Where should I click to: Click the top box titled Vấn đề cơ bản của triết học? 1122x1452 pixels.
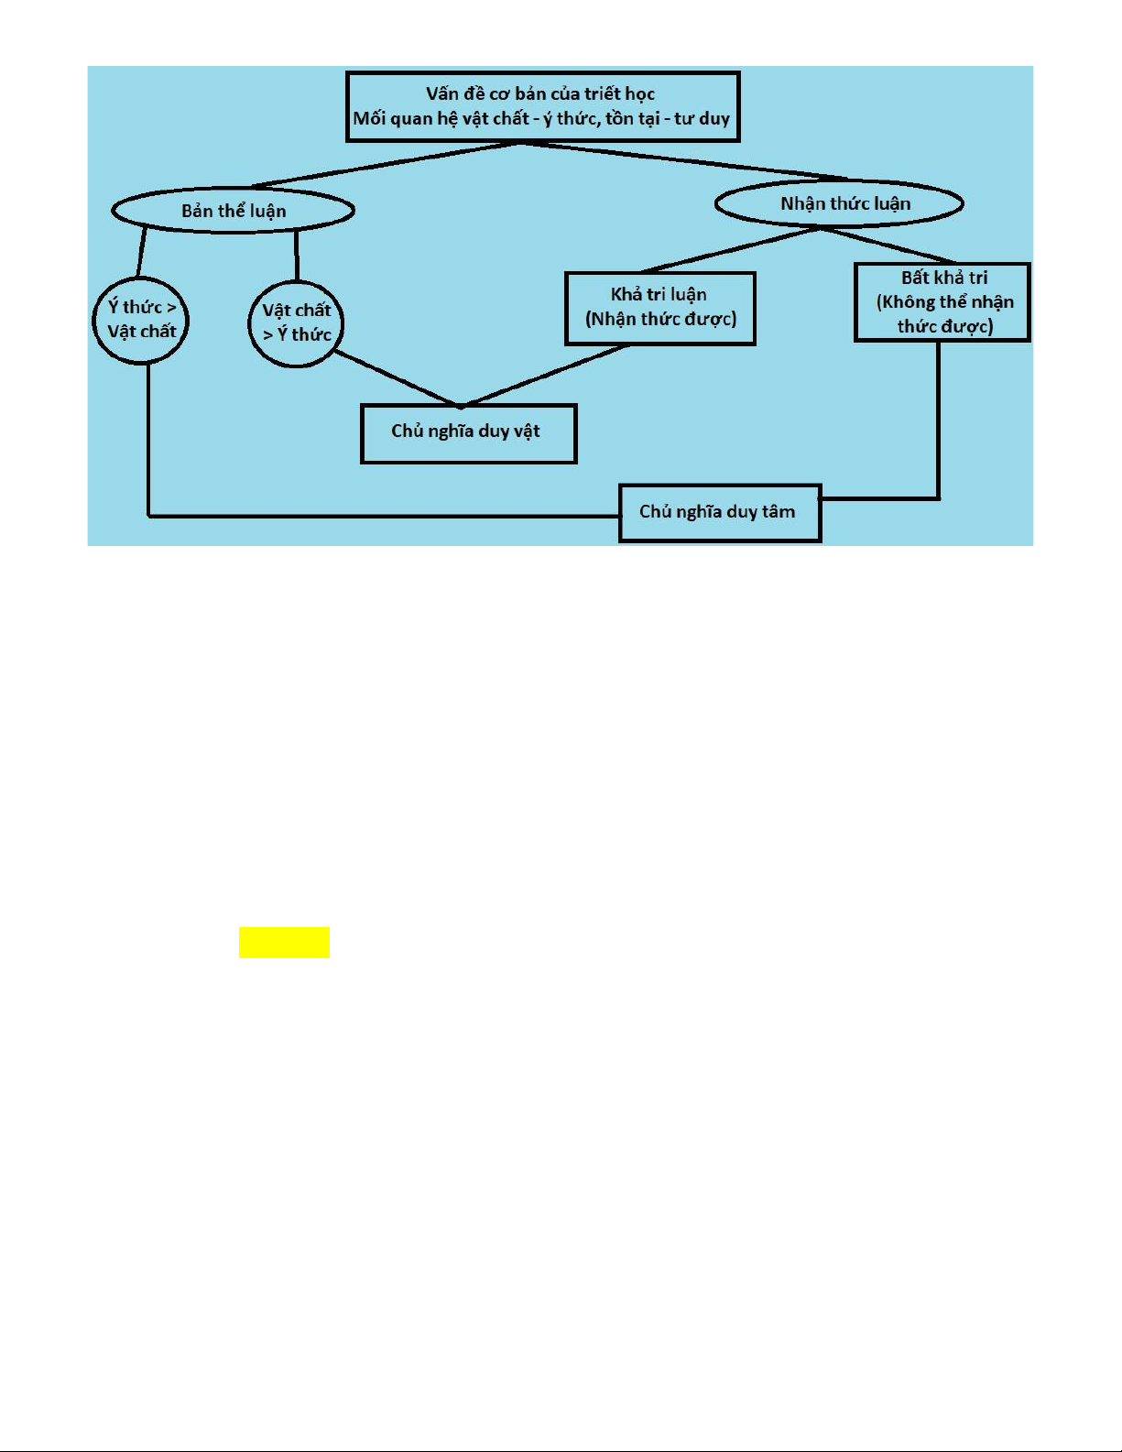pos(542,106)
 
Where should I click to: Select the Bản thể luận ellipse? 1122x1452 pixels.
pos(233,211)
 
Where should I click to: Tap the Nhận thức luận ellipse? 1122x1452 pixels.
pos(838,203)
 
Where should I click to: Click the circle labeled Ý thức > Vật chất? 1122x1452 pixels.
pos(141,320)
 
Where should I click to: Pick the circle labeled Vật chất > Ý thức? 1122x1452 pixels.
pos(296,322)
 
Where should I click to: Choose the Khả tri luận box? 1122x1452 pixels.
pos(659,308)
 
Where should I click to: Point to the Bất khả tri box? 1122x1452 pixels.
pos(942,301)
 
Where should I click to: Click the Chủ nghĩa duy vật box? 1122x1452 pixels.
pos(468,432)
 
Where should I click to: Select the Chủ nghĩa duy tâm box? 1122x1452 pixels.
pos(719,512)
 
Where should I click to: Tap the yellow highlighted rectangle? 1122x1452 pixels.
pos(284,942)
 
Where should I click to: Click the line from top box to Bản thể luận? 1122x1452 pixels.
pos(385,166)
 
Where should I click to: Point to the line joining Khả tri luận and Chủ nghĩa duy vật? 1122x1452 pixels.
pos(545,375)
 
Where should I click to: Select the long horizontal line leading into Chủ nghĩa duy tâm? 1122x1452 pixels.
pos(385,516)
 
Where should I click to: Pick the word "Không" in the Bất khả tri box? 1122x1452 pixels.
pos(910,302)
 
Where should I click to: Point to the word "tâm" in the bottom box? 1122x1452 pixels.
pos(778,511)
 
